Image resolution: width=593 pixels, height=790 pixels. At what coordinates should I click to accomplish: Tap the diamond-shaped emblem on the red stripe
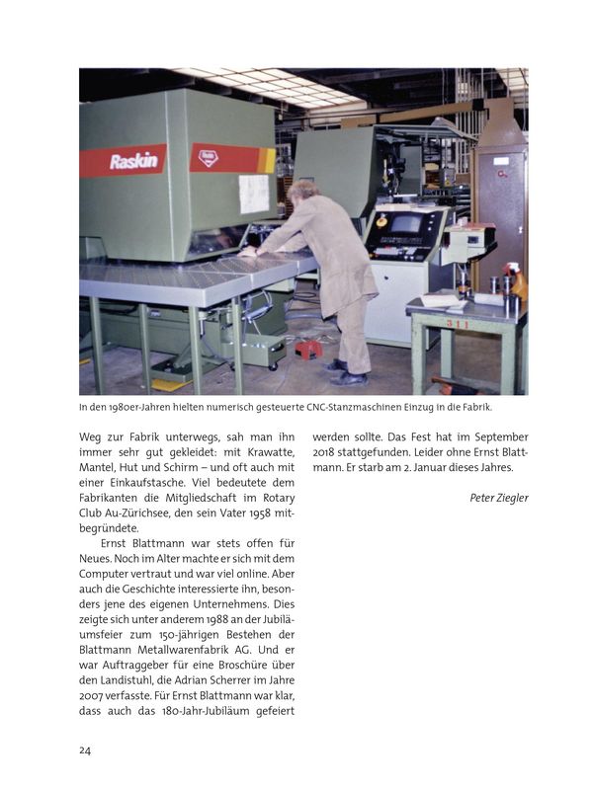tap(209, 156)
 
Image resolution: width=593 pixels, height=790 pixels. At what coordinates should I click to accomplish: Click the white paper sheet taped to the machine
tap(253, 194)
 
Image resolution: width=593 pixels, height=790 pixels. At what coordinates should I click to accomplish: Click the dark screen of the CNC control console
tap(406, 223)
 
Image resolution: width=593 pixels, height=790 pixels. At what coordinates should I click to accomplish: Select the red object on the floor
tap(306, 349)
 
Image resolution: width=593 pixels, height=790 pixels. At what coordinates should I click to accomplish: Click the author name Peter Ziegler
tap(498, 498)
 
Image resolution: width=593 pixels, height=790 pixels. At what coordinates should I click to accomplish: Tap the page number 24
tap(86, 750)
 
